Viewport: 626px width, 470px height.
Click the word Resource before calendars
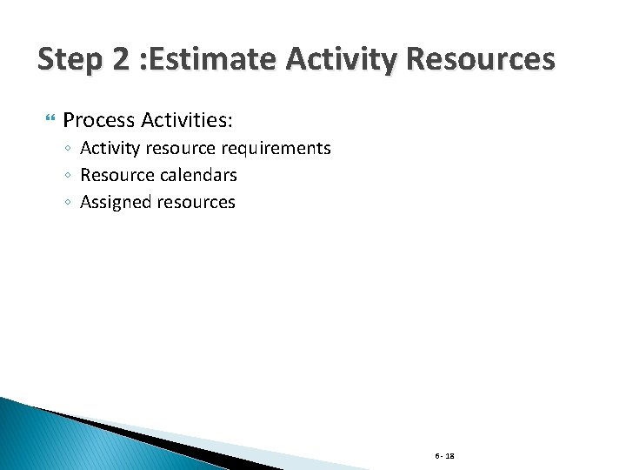pos(117,175)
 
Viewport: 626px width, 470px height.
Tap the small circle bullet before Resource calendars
pos(69,176)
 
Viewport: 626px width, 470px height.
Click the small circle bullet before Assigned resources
pos(69,203)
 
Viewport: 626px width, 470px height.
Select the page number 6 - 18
pos(445,456)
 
